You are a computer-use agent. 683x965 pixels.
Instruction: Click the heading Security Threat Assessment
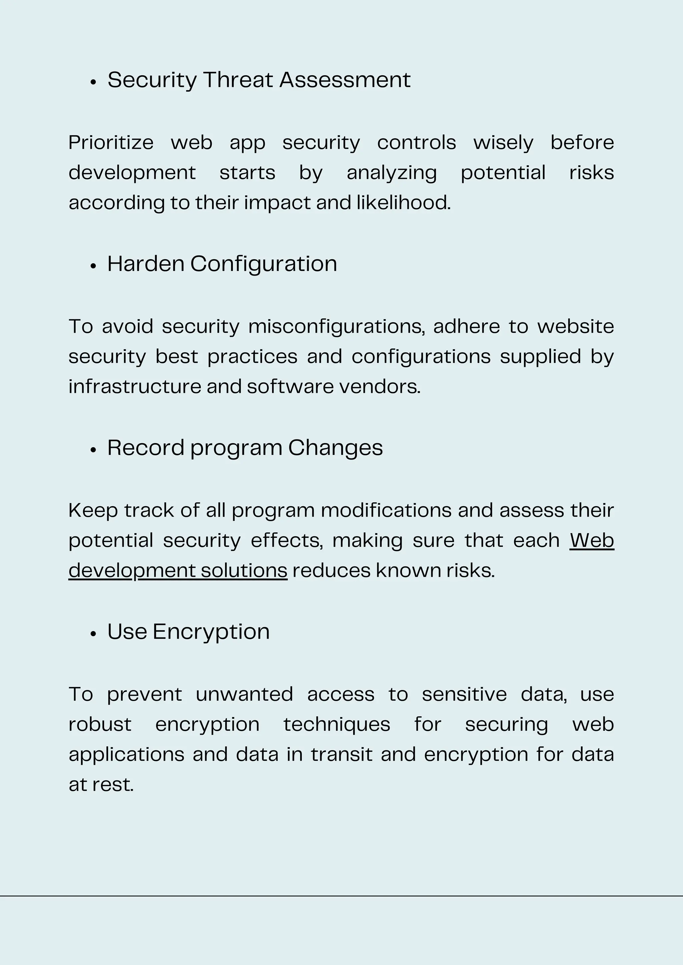259,80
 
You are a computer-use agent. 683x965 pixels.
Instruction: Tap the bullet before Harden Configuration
93,266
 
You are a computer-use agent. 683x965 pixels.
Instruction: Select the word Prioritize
111,143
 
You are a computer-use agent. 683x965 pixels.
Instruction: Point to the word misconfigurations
336,327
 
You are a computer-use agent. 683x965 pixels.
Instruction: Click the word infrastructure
135,387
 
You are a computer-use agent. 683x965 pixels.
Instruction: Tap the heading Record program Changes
245,448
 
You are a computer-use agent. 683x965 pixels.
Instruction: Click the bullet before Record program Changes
93,450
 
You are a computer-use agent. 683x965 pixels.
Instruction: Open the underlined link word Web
592,540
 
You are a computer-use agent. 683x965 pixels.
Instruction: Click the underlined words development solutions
178,571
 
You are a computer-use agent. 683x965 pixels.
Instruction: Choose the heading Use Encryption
188,632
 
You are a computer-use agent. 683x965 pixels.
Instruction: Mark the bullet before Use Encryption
93,634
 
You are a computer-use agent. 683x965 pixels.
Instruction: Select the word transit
341,755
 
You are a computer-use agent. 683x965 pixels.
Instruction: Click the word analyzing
392,173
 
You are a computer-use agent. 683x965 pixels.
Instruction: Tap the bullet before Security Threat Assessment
93,82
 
